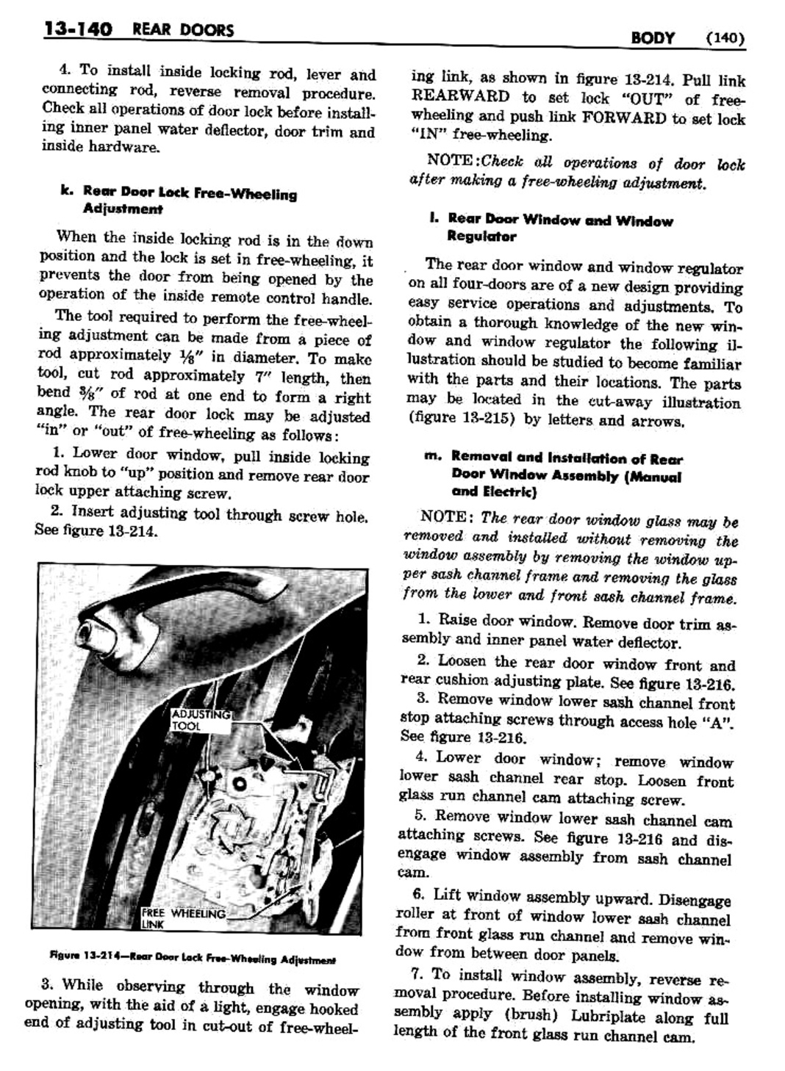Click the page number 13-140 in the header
(x=77, y=30)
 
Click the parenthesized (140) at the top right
(x=725, y=38)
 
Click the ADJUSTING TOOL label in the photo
(x=200, y=719)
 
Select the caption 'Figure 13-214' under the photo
(x=193, y=959)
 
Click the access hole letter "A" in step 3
(x=720, y=721)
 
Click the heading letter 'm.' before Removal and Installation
(x=431, y=456)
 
